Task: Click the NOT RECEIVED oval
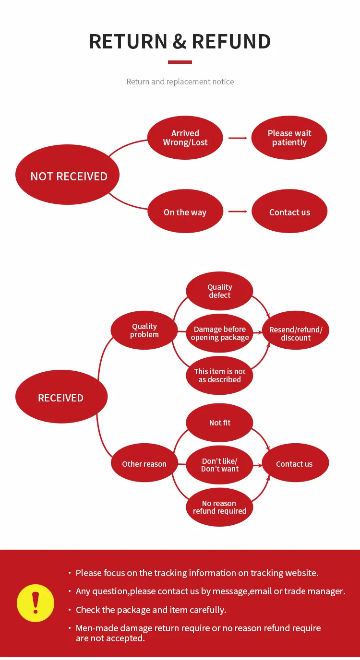(x=67, y=176)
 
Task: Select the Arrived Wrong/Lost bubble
(x=185, y=138)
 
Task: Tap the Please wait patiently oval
(x=289, y=138)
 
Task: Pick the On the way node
(x=185, y=212)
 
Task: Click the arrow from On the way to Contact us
(x=238, y=212)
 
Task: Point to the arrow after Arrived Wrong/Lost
(x=238, y=138)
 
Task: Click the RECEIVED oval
(x=61, y=397)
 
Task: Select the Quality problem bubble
(x=144, y=330)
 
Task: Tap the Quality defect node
(x=219, y=291)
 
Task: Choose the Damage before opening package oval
(x=219, y=333)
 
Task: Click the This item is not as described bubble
(x=219, y=375)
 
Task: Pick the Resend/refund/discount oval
(x=296, y=333)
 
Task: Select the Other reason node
(x=144, y=464)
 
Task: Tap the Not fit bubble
(x=219, y=423)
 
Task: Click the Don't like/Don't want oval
(x=219, y=465)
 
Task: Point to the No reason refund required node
(x=219, y=507)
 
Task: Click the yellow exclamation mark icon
(x=36, y=603)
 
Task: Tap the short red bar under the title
(x=180, y=62)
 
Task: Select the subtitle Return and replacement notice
(x=180, y=82)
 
